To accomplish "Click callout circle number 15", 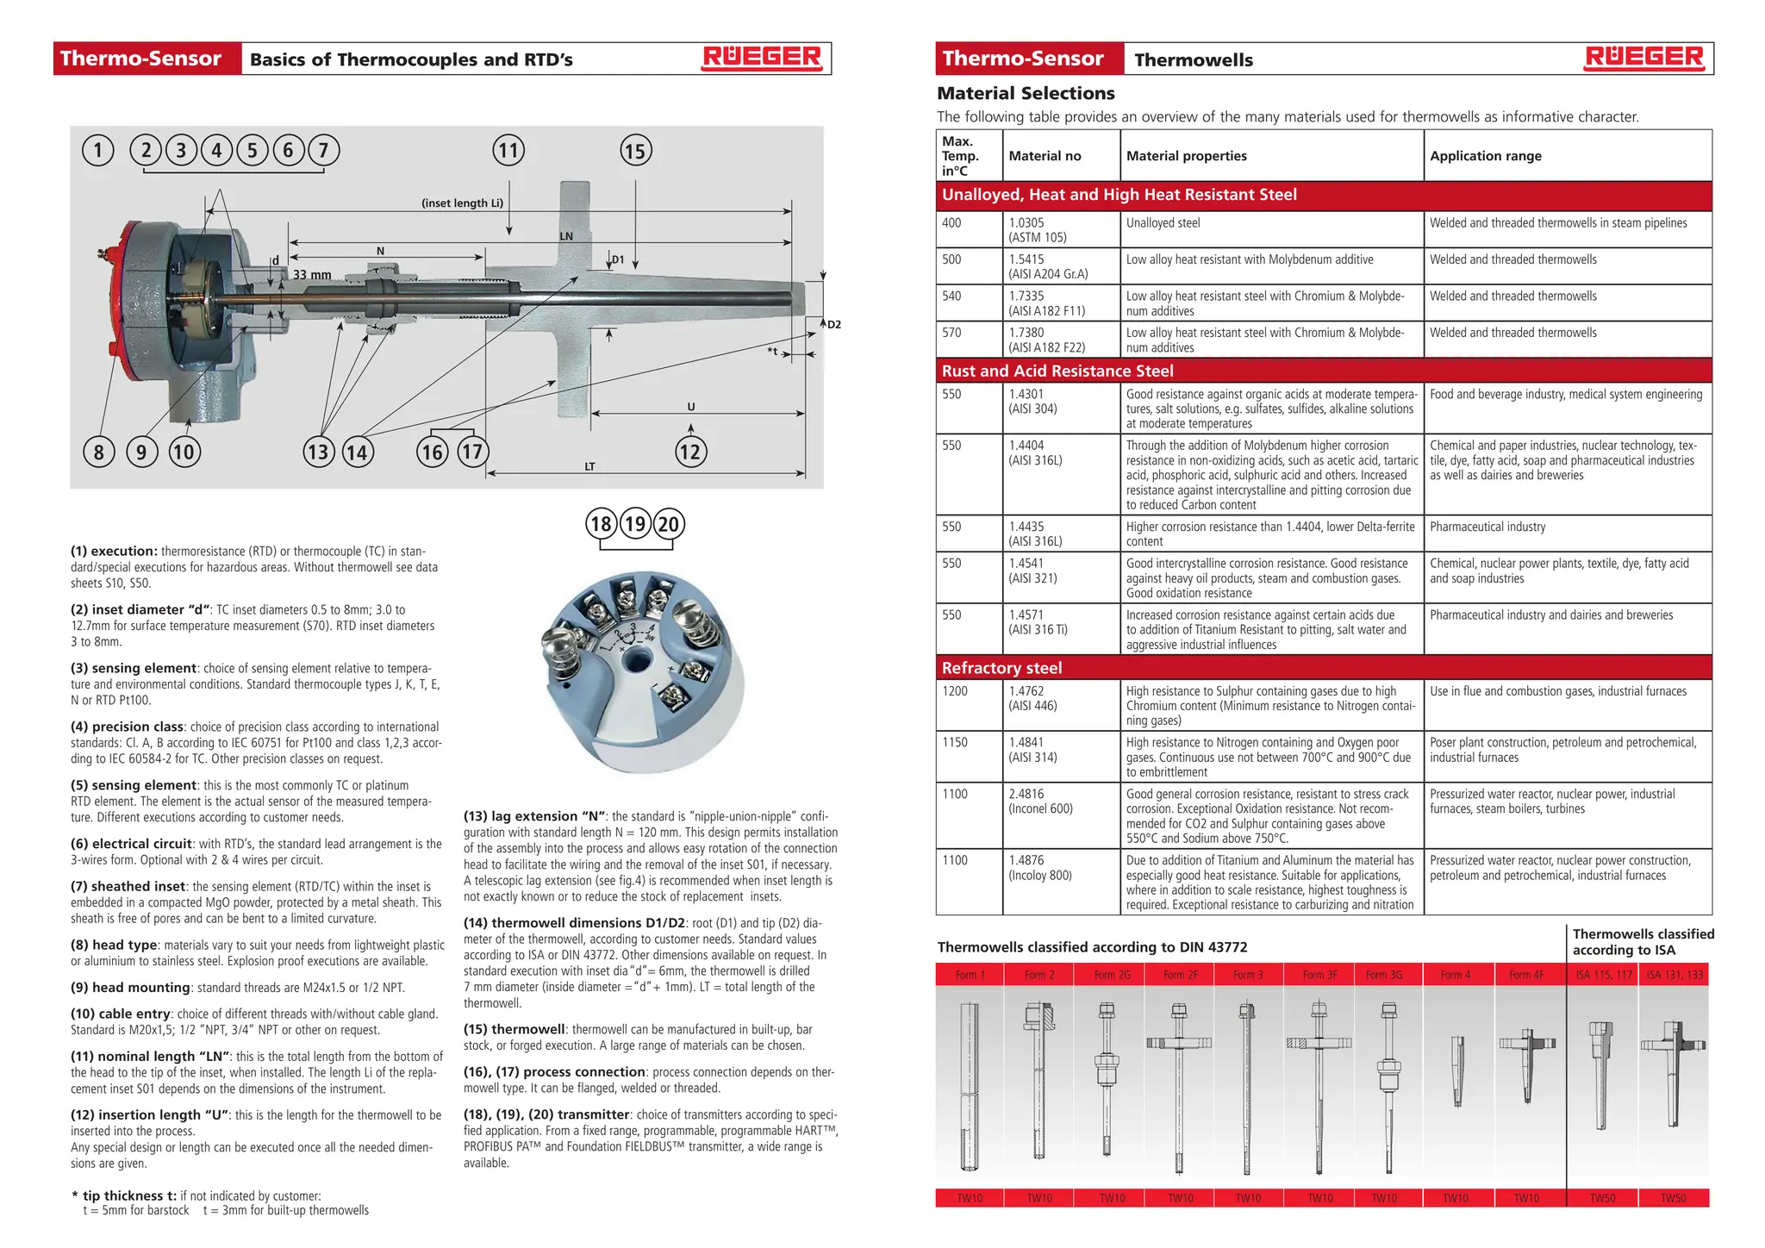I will click(x=636, y=152).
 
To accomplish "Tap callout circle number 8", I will click(x=99, y=452).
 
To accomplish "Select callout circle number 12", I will click(x=690, y=452).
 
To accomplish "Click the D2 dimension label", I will click(x=833, y=325).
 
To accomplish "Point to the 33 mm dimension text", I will click(x=312, y=275).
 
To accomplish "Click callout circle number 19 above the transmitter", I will click(x=635, y=524).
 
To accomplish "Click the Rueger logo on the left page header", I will click(x=762, y=58).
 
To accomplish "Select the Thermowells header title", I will click(x=1194, y=59).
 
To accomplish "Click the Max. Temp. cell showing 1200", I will click(x=955, y=691).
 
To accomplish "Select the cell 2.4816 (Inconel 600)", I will click(x=1040, y=802).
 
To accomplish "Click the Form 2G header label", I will click(x=1111, y=975).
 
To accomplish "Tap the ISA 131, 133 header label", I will click(x=1674, y=975).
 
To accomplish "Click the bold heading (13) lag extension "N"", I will click(x=534, y=816).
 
